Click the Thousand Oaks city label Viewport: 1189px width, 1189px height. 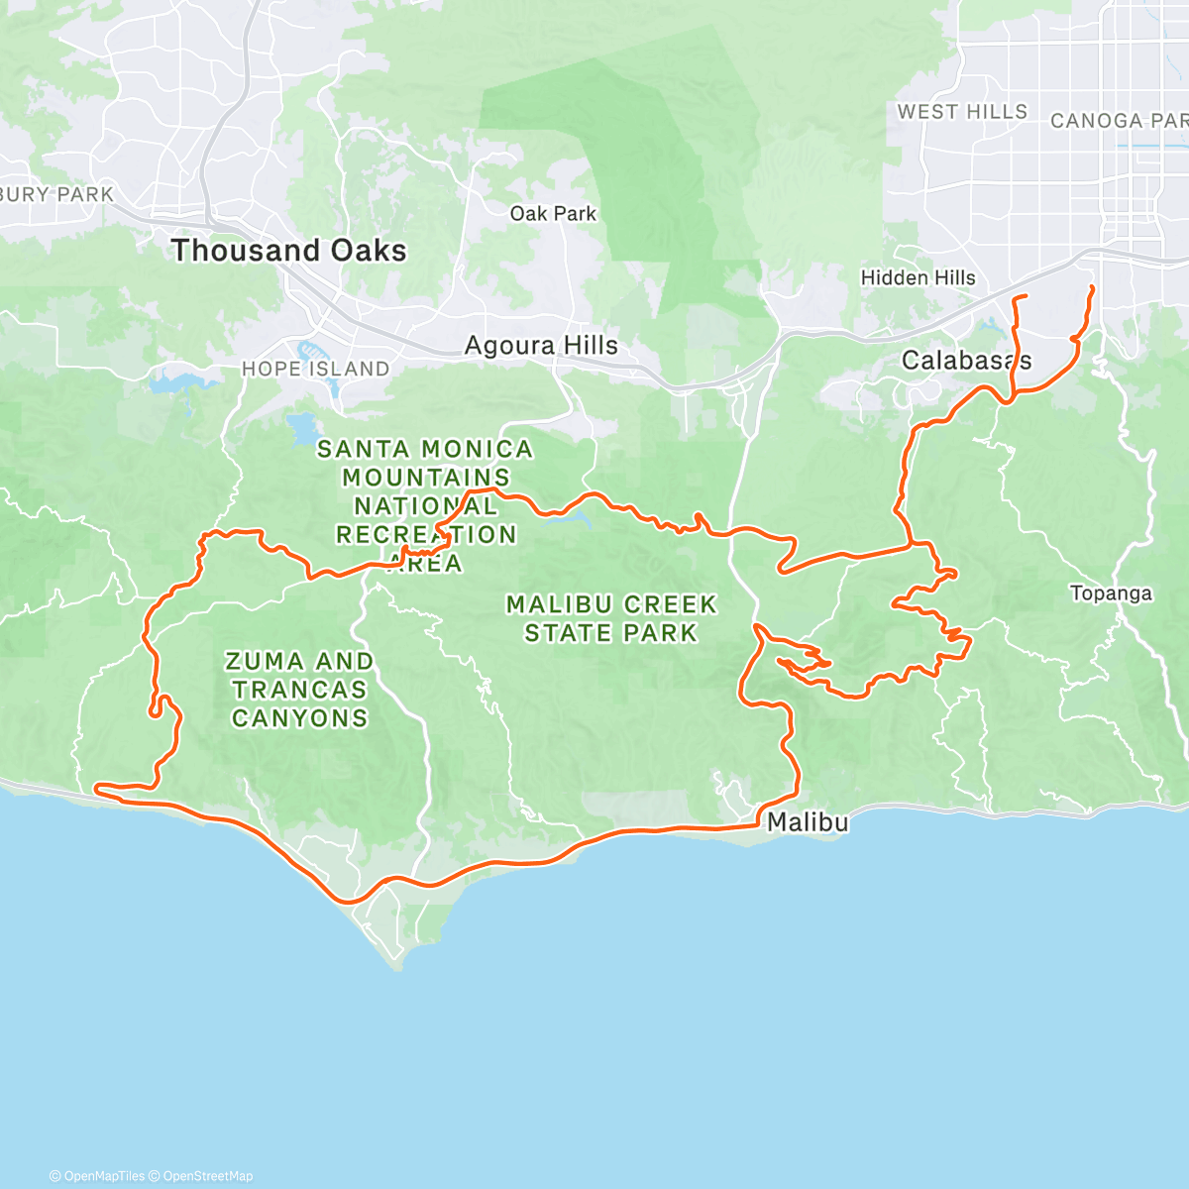tap(288, 251)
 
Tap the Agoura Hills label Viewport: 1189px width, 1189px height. tap(541, 346)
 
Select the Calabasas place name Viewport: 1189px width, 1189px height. tap(966, 361)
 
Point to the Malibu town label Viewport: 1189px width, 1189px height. tap(808, 822)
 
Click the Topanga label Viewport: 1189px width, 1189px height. tap(1111, 594)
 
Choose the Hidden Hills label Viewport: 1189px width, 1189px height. tap(918, 278)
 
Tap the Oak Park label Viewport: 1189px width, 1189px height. tap(553, 214)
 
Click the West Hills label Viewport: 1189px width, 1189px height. tap(962, 112)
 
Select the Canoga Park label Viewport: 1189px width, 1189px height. tap(1119, 121)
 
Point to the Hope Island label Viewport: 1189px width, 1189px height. tap(315, 369)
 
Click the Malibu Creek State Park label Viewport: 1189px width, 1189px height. tap(610, 618)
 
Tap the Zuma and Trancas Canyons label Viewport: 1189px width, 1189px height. tap(299, 690)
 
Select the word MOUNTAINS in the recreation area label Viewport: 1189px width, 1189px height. tap(426, 478)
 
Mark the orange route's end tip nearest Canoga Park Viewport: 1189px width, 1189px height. tap(1092, 287)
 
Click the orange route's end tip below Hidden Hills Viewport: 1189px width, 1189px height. tap(1024, 296)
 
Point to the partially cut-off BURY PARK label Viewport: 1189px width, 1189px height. tap(56, 194)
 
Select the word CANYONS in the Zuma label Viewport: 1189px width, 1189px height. tap(299, 718)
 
